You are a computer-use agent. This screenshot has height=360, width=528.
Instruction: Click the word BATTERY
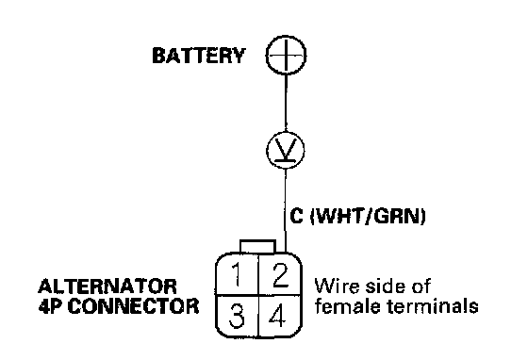[199, 56]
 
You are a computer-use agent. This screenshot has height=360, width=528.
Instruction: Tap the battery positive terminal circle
[286, 35]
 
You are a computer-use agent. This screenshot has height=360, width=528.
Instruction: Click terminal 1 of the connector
[237, 274]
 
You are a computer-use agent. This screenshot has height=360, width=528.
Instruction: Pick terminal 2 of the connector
[280, 274]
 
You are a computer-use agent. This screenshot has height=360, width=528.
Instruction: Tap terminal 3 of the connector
[237, 317]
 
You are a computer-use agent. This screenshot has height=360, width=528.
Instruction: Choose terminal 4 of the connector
[279, 317]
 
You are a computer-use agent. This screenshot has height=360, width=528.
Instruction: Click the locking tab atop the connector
[258, 246]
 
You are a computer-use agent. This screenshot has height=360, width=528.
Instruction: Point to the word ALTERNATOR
[107, 286]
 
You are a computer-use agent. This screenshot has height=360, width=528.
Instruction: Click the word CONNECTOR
[133, 306]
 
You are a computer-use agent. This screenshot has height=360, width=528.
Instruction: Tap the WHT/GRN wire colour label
[368, 216]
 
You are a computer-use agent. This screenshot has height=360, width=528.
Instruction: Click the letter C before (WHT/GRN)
[296, 216]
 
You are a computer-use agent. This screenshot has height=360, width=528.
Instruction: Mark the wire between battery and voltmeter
[286, 103]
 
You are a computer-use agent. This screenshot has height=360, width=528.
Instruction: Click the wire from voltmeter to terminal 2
[286, 211]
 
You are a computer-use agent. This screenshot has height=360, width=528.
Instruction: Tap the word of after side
[419, 286]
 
